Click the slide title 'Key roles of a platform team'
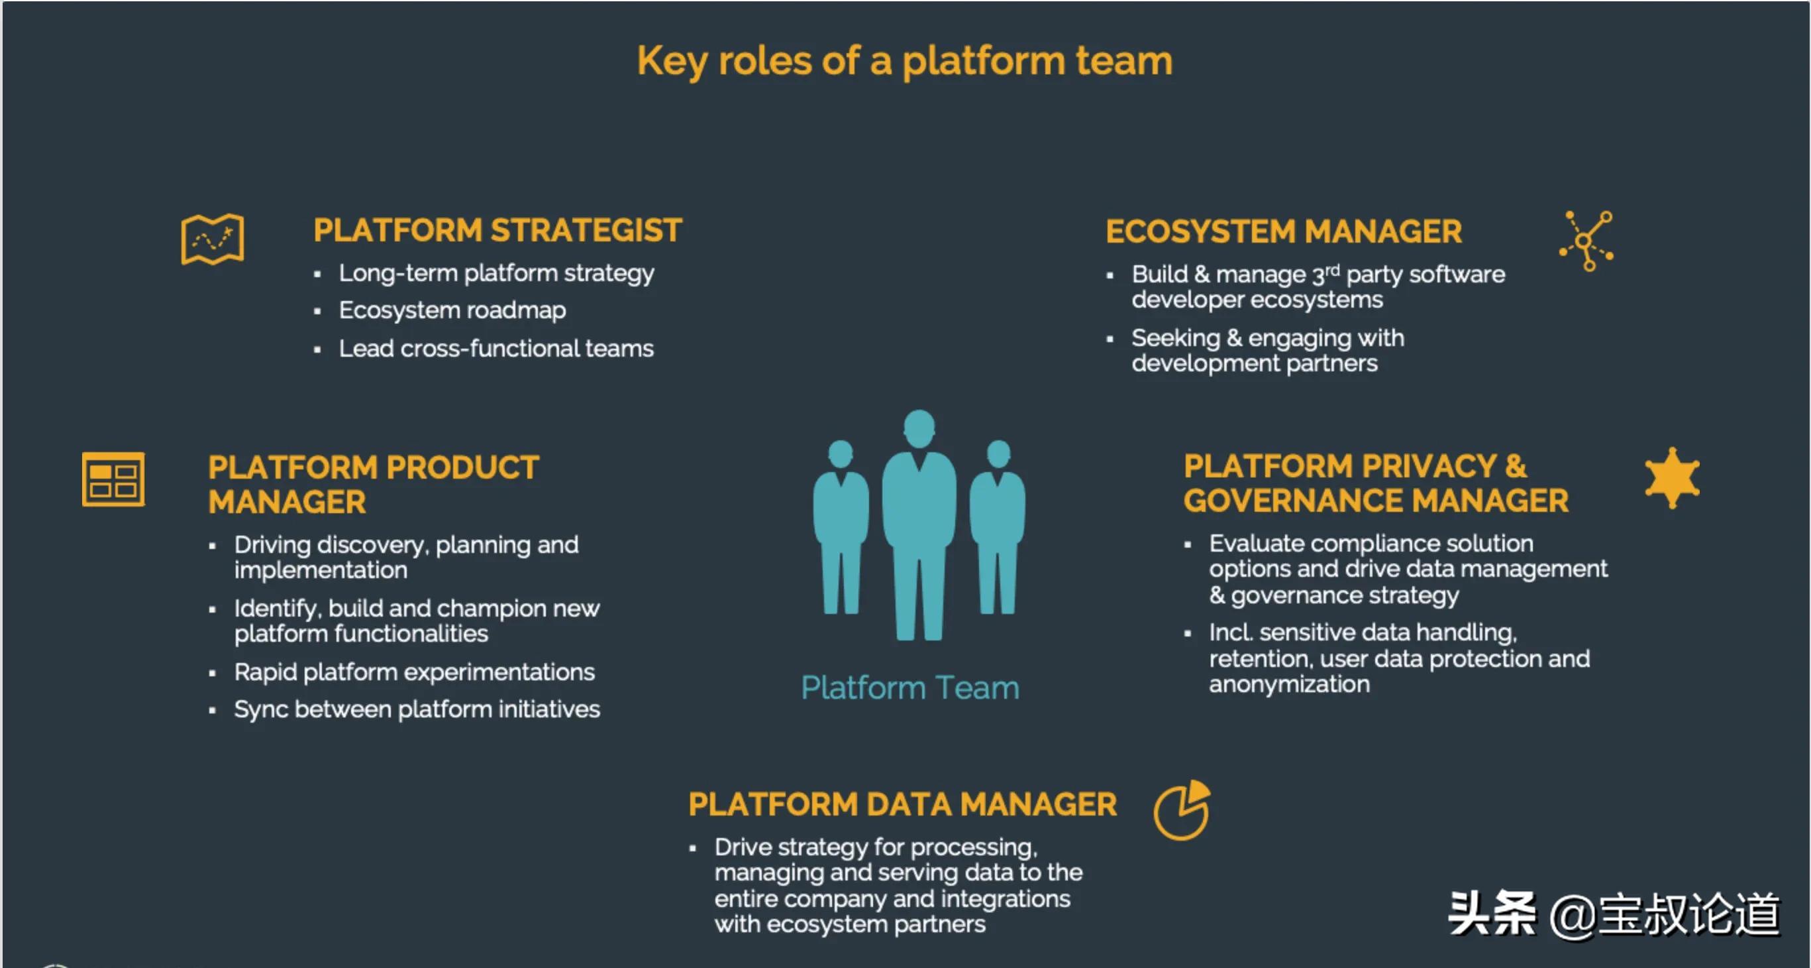(905, 62)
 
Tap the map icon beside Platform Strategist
(213, 239)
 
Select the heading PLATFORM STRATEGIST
(497, 231)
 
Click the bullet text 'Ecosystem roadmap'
(452, 310)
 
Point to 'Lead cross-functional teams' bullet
(496, 348)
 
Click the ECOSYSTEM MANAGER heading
(1284, 231)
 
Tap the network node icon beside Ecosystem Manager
(1586, 241)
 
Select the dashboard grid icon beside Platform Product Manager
(113, 479)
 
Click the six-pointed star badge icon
(1673, 477)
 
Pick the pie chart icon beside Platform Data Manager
(1182, 810)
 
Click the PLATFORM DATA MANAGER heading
(903, 805)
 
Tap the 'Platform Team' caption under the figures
(910, 688)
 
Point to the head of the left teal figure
(841, 454)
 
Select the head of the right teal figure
(998, 454)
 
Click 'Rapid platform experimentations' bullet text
(414, 672)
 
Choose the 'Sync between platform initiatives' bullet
(417, 709)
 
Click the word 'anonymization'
(1289, 684)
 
